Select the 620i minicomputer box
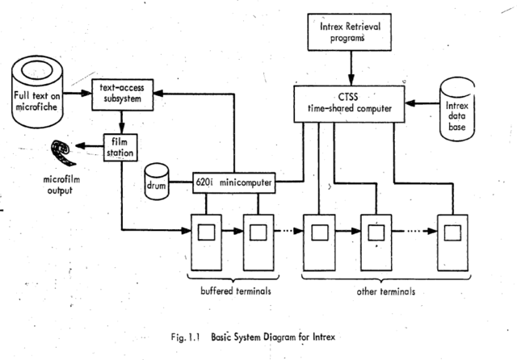point(234,183)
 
